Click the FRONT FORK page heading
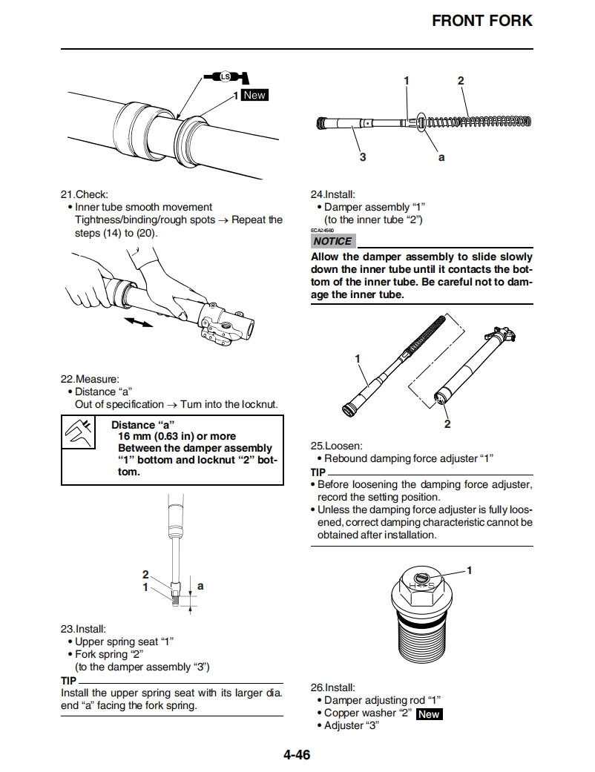pyautogui.click(x=482, y=21)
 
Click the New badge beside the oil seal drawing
pyautogui.click(x=254, y=96)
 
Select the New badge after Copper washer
pyautogui.click(x=428, y=714)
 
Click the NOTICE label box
pyautogui.click(x=332, y=241)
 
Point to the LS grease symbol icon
pyautogui.click(x=226, y=76)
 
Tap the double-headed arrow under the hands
pyautogui.click(x=139, y=322)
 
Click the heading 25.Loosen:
pyautogui.click(x=336, y=446)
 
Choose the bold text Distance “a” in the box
pyautogui.click(x=143, y=425)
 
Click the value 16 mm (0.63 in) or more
pyautogui.click(x=177, y=437)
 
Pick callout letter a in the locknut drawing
pyautogui.click(x=200, y=586)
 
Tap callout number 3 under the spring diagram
pyautogui.click(x=363, y=156)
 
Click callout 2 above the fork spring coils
pyautogui.click(x=461, y=80)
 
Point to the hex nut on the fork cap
pyautogui.click(x=422, y=585)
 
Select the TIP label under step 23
pyautogui.click(x=68, y=680)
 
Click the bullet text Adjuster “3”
pyautogui.click(x=352, y=725)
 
